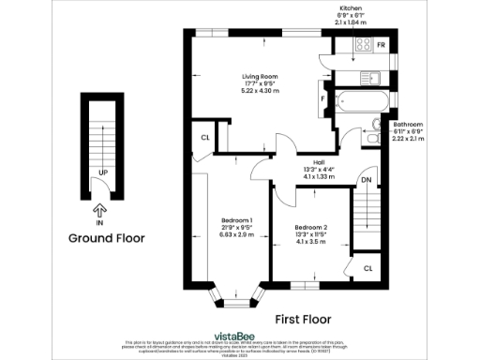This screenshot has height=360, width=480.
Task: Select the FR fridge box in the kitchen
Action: click(x=381, y=45)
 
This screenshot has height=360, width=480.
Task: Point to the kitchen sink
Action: click(x=372, y=76)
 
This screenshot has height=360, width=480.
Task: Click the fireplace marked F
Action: click(x=323, y=97)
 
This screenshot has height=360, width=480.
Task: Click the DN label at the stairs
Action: click(x=367, y=180)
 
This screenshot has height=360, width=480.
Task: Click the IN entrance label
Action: click(x=98, y=224)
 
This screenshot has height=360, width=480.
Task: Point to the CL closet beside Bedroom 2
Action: click(x=367, y=268)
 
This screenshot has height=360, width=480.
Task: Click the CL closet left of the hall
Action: click(x=204, y=139)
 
